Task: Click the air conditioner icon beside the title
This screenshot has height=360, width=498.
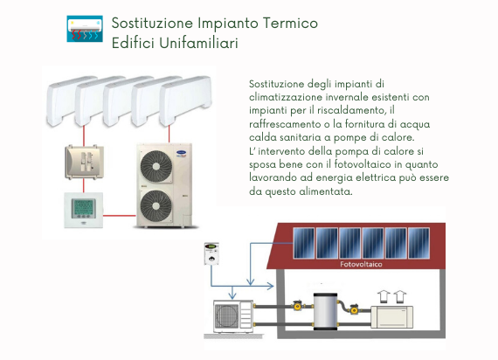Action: tap(85, 29)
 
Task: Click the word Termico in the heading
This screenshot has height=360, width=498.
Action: tap(290, 23)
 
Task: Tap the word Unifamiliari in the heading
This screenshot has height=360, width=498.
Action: tap(199, 43)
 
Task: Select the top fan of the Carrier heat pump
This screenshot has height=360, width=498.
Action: tap(156, 166)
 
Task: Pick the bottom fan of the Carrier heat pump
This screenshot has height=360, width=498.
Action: tap(156, 206)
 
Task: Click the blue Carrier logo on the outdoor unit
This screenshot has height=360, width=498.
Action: tap(181, 153)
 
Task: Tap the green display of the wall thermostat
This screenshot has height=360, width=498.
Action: tap(84, 207)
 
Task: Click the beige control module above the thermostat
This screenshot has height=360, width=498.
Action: tap(84, 162)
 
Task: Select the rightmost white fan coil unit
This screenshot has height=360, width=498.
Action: tap(185, 100)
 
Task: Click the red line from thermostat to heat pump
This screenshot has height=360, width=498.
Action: tap(120, 216)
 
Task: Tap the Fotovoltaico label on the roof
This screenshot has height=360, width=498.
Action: tap(361, 264)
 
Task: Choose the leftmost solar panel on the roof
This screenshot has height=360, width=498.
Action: tap(304, 243)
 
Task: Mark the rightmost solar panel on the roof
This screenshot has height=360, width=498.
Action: tap(418, 243)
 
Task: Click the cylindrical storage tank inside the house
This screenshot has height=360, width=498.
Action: tap(326, 312)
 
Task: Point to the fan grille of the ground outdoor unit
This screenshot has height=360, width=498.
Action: tap(227, 316)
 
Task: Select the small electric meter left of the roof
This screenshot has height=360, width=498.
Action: tap(211, 253)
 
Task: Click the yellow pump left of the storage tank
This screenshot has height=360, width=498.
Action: tap(298, 305)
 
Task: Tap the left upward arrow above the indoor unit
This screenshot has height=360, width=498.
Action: tap(384, 296)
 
